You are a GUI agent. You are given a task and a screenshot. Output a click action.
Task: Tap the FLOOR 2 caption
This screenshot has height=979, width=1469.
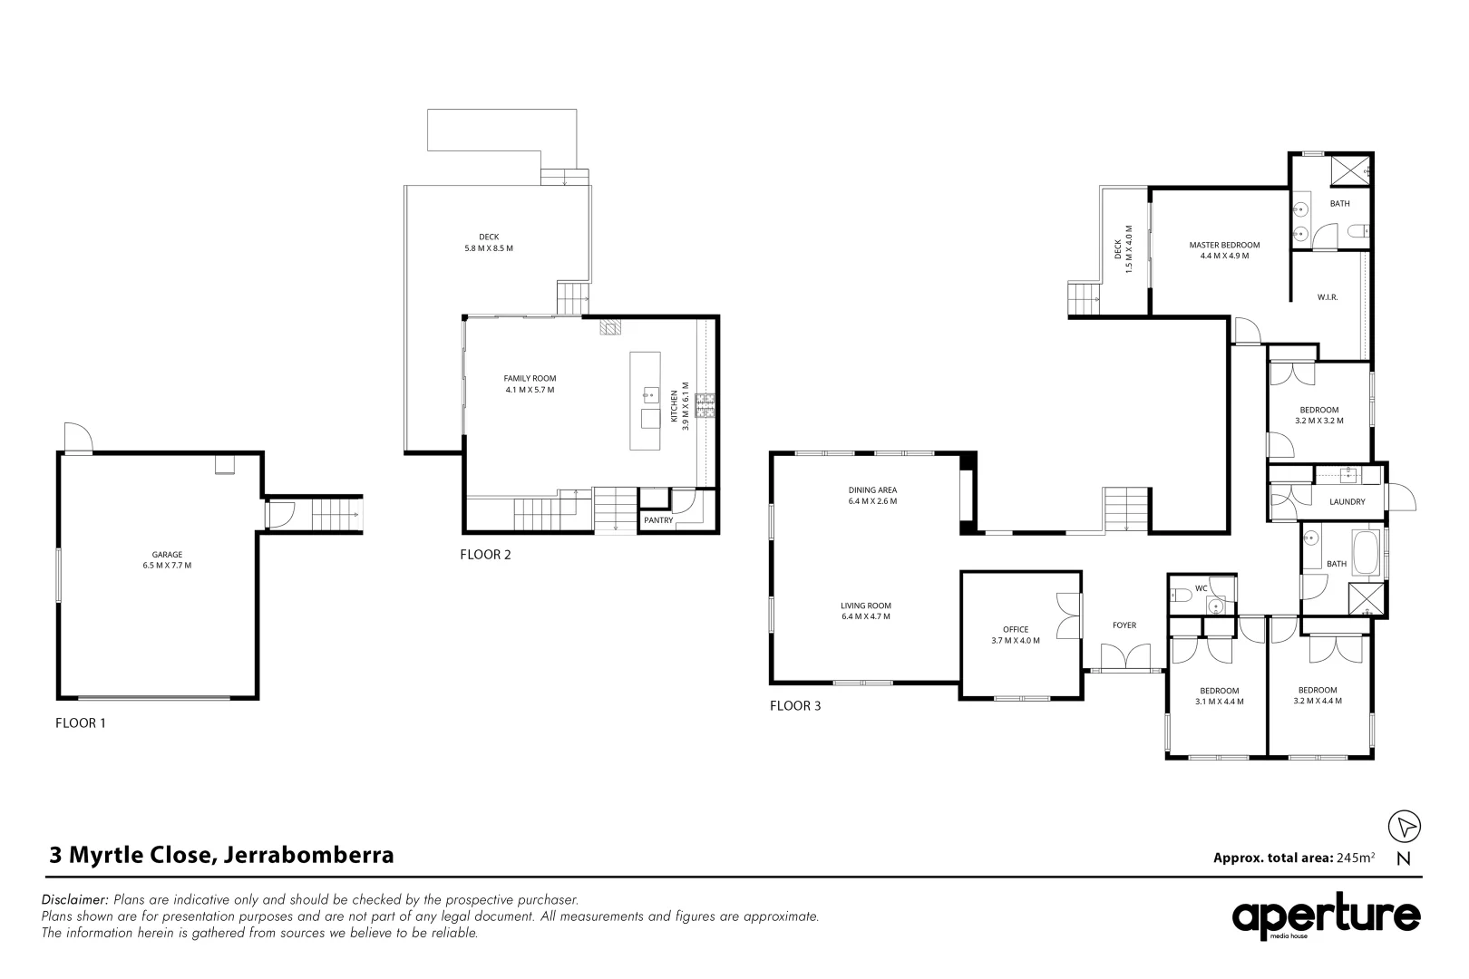485,555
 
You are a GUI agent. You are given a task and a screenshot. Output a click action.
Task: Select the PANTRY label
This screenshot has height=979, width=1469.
657,520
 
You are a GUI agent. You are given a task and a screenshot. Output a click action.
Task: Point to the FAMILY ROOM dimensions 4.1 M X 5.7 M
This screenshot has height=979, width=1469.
530,390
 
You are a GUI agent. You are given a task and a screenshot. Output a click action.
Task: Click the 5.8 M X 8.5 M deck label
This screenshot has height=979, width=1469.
490,248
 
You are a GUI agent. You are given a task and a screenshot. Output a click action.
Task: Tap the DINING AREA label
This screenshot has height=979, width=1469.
872,489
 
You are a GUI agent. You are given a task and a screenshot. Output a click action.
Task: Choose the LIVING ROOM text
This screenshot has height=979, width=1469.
866,606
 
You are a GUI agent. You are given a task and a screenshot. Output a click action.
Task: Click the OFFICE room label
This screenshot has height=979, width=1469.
1016,629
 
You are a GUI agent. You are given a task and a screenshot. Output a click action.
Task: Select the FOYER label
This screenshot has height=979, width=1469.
1124,625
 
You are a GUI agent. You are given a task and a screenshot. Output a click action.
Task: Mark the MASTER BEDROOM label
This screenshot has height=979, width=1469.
1224,245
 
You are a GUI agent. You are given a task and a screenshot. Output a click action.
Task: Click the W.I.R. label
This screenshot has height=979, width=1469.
1328,297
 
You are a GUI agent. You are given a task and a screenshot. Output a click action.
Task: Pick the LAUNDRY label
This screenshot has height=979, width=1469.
1347,501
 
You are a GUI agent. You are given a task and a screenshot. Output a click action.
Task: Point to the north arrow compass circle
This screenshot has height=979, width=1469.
1405,826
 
